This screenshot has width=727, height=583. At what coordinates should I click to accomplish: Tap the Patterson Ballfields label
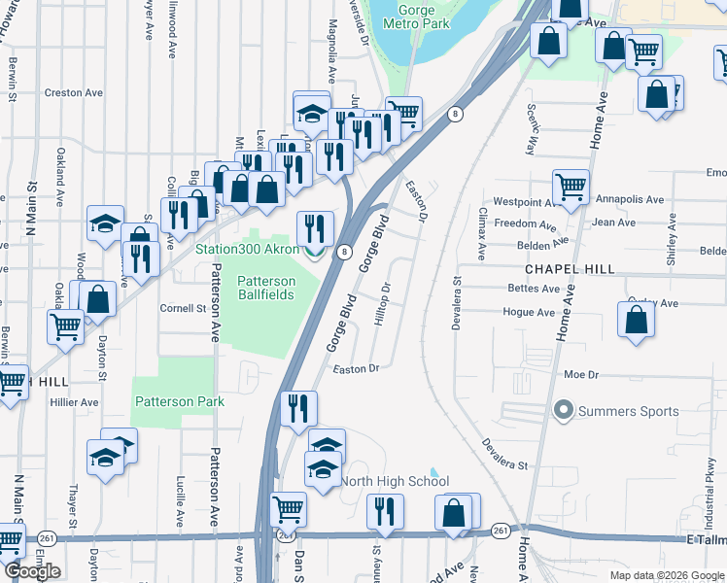click(x=265, y=288)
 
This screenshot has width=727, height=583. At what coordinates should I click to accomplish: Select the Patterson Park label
click(x=180, y=401)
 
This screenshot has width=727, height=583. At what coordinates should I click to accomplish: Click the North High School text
click(x=395, y=481)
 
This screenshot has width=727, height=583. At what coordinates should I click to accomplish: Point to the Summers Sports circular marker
click(x=562, y=411)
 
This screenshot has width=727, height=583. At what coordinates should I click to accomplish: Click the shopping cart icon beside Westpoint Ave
click(x=571, y=186)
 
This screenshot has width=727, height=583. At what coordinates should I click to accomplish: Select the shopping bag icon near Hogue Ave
click(x=636, y=321)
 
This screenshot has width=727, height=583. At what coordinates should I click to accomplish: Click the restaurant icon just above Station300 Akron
click(x=314, y=229)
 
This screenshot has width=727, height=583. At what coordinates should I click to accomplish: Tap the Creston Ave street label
click(x=80, y=93)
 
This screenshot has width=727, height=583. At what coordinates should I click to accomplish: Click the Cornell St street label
click(x=185, y=308)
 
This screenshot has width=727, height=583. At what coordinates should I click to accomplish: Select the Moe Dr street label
click(x=578, y=374)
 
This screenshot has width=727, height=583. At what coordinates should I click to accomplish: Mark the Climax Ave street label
click(x=481, y=233)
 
